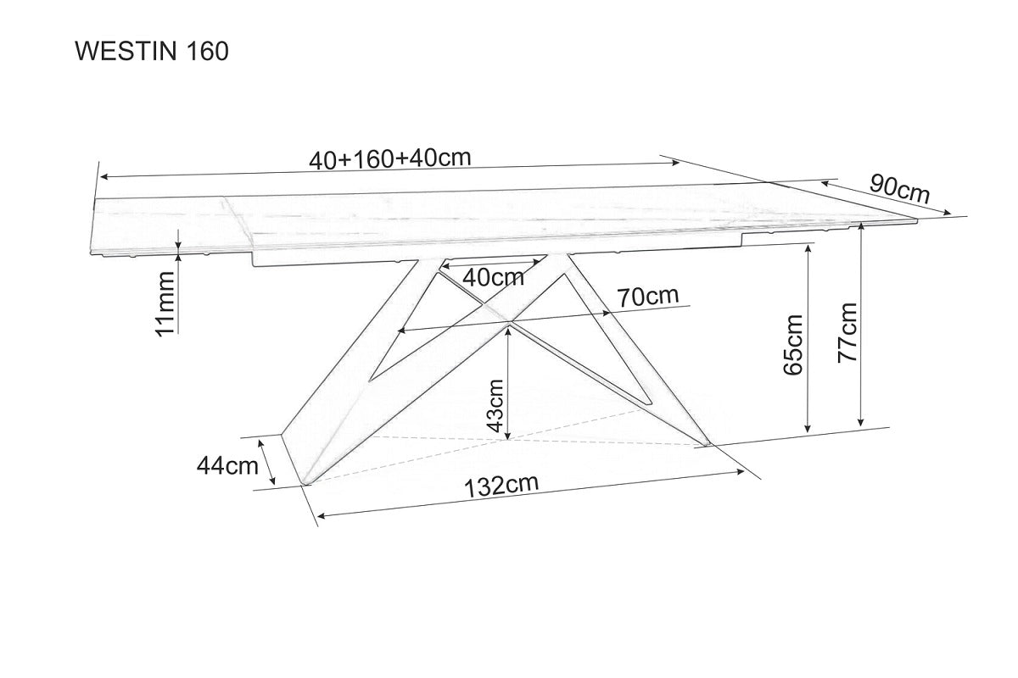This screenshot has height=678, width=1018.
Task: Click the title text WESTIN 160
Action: pyautogui.click(x=152, y=52)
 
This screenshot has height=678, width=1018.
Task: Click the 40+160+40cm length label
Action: pyautogui.click(x=390, y=158)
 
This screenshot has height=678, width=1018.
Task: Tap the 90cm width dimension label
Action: pyautogui.click(x=900, y=190)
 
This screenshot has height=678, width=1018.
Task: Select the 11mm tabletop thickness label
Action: pyautogui.click(x=165, y=303)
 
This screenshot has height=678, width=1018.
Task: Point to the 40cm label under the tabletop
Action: pyautogui.click(x=493, y=277)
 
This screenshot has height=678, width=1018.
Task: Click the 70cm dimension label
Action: pyautogui.click(x=647, y=297)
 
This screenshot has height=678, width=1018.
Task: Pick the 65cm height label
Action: pyautogui.click(x=793, y=345)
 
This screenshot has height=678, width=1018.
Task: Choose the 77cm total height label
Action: pyautogui.click(x=847, y=333)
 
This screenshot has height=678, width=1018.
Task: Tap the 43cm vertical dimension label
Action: pyautogui.click(x=495, y=405)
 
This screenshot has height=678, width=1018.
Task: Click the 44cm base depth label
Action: pyautogui.click(x=227, y=465)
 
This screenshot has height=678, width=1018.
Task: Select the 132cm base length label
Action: pyautogui.click(x=501, y=486)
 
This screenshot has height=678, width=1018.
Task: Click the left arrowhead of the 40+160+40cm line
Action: pyautogui.click(x=103, y=176)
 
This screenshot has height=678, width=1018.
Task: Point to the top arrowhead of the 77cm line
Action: pyautogui.click(x=860, y=226)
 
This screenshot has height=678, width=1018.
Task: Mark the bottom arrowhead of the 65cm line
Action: pyautogui.click(x=808, y=428)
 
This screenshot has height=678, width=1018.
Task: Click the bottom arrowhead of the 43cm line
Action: pyautogui.click(x=508, y=436)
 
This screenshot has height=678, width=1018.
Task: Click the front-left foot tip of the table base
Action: pyautogui.click(x=306, y=484)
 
